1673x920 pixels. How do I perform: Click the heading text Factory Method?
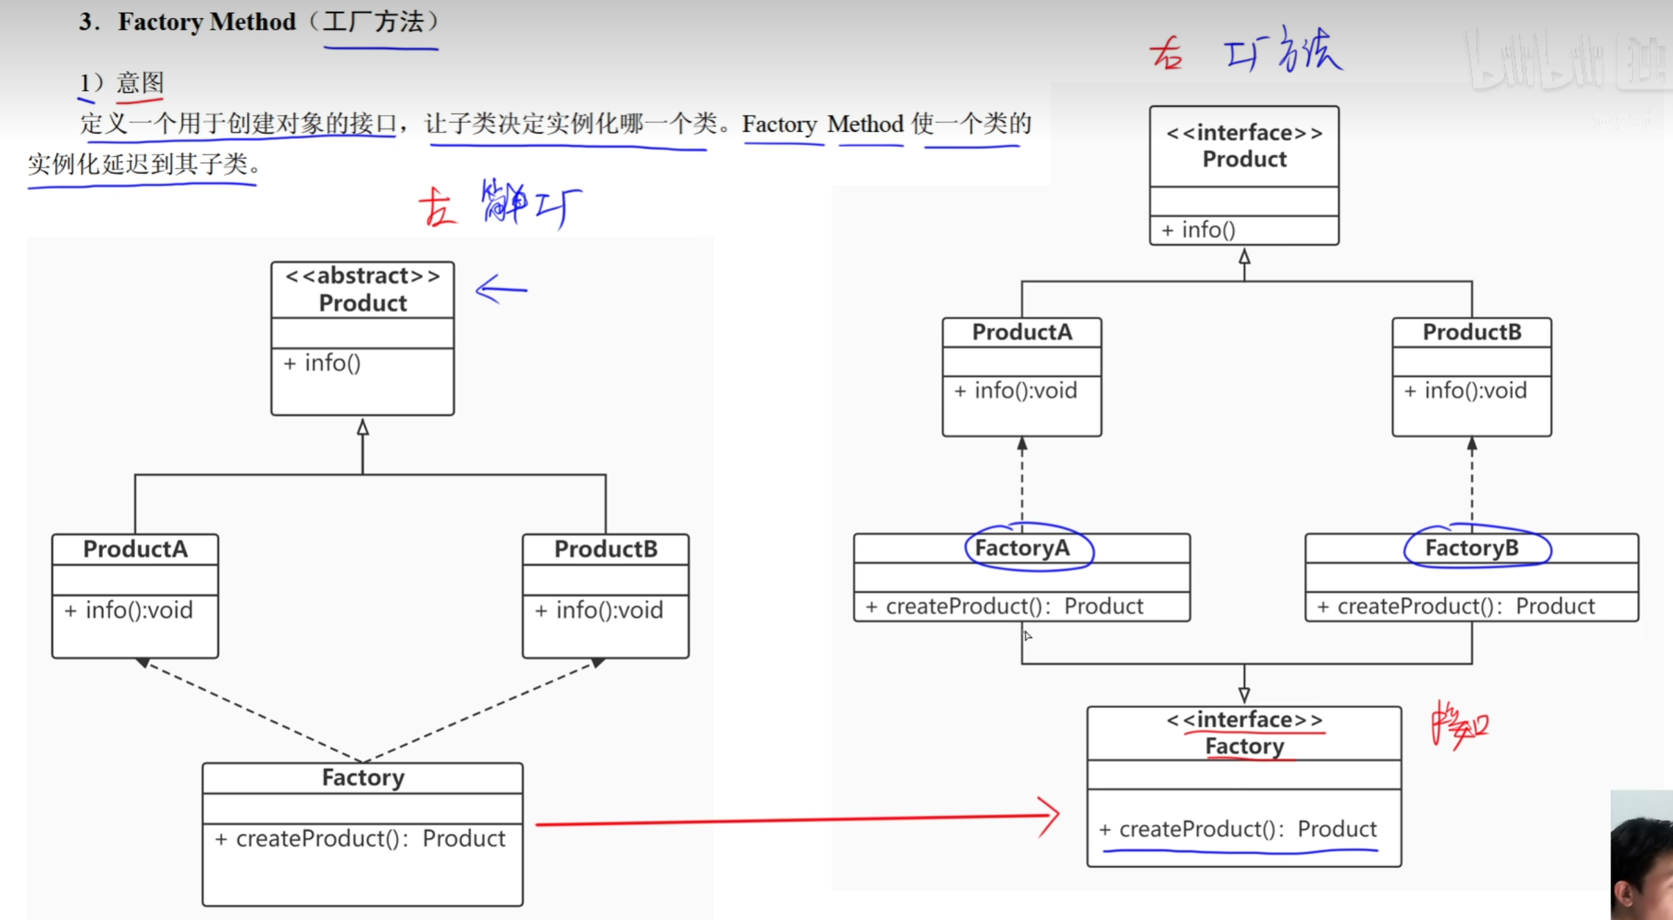point(207,22)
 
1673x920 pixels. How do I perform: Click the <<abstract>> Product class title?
point(363,290)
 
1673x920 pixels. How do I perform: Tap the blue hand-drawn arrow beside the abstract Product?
point(501,289)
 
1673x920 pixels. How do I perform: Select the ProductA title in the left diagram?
point(135,550)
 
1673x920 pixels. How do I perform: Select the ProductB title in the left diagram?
point(606,550)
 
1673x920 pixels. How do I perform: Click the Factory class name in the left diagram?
point(363,778)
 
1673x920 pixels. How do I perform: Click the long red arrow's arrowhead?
point(1050,816)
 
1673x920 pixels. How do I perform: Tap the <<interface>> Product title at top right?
point(1244,146)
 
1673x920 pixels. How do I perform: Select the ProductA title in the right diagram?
point(1022,332)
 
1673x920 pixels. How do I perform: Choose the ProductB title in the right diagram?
point(1472,332)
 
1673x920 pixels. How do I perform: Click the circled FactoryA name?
point(1022,548)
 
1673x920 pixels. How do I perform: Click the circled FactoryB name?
point(1472,548)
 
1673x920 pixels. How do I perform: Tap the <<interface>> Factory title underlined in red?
point(1244,733)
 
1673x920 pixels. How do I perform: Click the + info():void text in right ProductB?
point(1466,391)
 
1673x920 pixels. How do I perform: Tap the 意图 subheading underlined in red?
point(140,83)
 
